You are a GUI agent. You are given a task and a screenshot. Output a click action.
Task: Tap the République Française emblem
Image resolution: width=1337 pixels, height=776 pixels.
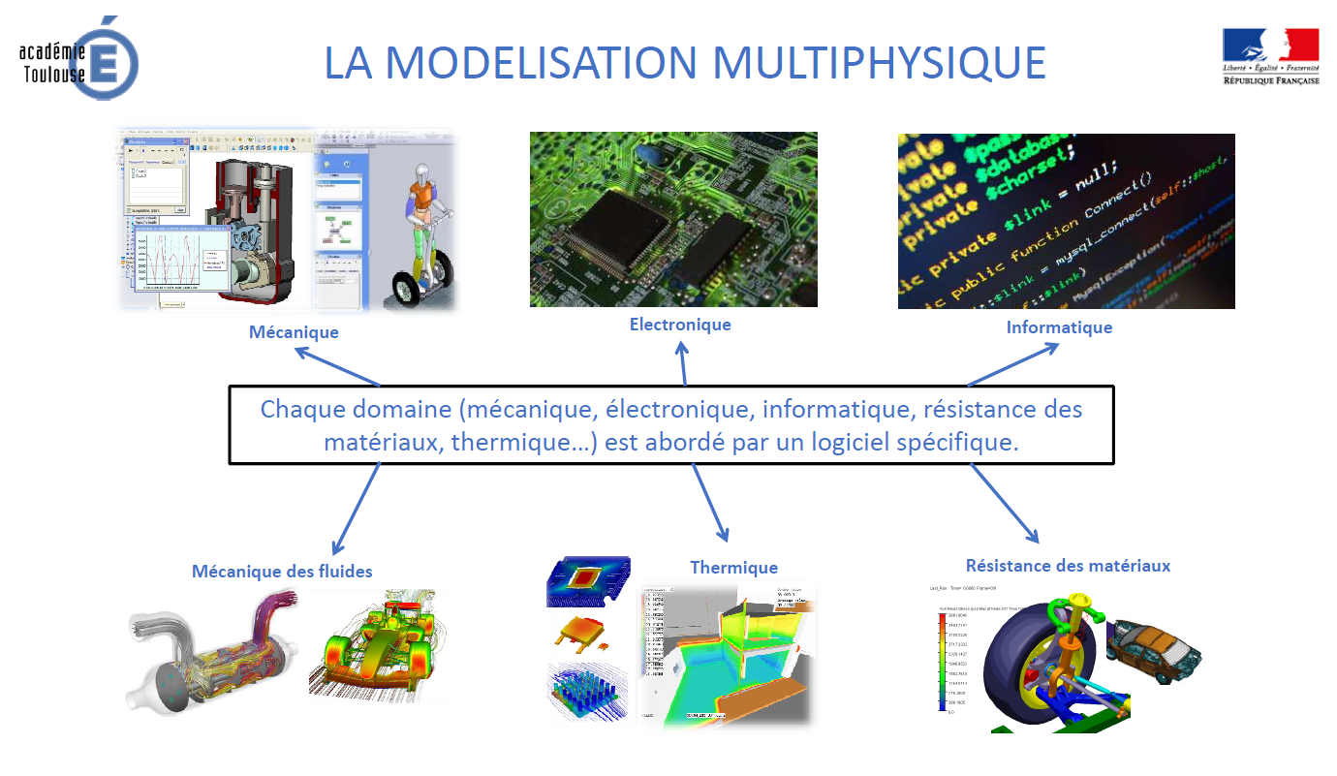click(1270, 56)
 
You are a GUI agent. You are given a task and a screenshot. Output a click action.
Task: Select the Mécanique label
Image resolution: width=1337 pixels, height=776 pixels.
click(294, 332)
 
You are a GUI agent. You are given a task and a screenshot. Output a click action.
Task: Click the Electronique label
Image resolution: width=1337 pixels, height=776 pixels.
click(680, 325)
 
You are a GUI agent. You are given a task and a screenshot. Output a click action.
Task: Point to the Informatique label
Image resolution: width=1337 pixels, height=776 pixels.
click(1059, 327)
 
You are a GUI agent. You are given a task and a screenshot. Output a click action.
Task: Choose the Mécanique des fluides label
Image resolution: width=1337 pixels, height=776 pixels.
click(282, 572)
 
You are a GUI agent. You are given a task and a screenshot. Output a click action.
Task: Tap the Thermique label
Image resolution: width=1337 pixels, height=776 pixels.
click(733, 568)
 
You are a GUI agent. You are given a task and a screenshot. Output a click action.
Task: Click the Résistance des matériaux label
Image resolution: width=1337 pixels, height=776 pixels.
click(1068, 566)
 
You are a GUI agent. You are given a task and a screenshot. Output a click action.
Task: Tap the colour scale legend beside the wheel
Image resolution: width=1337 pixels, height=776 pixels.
click(942, 663)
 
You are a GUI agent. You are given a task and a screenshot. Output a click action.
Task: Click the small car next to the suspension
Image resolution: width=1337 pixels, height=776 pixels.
click(1153, 649)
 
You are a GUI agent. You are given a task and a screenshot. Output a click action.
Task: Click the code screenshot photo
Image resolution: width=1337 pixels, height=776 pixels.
click(1066, 221)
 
